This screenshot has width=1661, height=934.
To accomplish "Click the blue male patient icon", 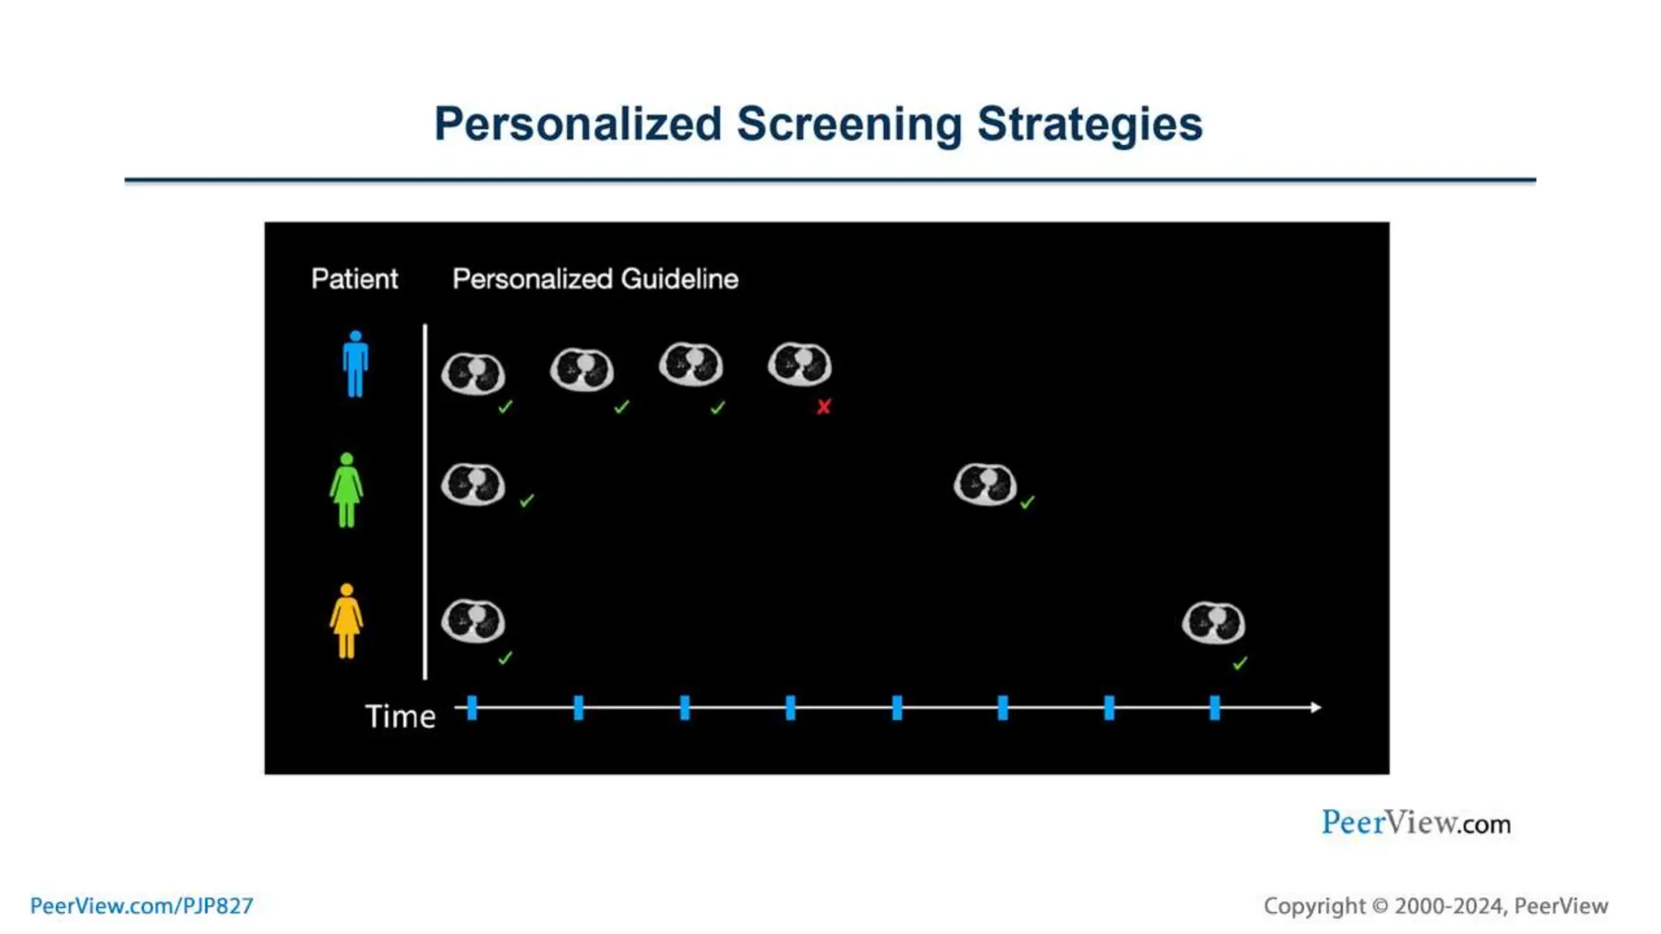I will pyautogui.click(x=355, y=364).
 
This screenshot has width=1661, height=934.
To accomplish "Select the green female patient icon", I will pyautogui.click(x=346, y=491).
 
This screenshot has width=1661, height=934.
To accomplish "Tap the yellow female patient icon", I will pyautogui.click(x=346, y=621).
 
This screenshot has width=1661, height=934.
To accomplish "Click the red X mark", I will pyautogui.click(x=823, y=407).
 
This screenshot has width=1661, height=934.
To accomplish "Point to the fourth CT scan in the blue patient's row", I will pyautogui.click(x=800, y=364).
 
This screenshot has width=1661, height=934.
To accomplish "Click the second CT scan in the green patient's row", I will pyautogui.click(x=985, y=485).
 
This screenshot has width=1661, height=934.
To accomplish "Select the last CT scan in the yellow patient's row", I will pyautogui.click(x=1213, y=623).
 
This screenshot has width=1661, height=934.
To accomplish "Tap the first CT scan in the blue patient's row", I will pyautogui.click(x=473, y=373).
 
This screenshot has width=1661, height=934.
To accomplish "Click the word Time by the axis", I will pyautogui.click(x=400, y=717).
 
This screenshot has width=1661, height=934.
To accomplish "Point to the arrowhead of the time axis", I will pyautogui.click(x=1315, y=708).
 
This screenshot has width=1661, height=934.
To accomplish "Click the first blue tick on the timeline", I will pyautogui.click(x=472, y=708).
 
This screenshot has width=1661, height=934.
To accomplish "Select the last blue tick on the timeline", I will pyautogui.click(x=1214, y=708).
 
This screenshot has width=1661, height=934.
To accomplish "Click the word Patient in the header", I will pyautogui.click(x=354, y=279).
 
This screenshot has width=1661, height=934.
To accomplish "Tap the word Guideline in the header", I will pyautogui.click(x=679, y=279).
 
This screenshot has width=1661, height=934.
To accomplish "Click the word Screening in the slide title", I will pyautogui.click(x=849, y=124).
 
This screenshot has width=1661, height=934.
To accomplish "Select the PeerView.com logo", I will pyautogui.click(x=1415, y=823).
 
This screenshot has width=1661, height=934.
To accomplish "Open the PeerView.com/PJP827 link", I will pyautogui.click(x=141, y=906).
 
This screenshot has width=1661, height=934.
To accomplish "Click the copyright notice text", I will pyautogui.click(x=1436, y=906).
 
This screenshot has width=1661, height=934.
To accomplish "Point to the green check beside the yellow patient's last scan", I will pyautogui.click(x=1239, y=664).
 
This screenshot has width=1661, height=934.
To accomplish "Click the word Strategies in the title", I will pyautogui.click(x=1089, y=124).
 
